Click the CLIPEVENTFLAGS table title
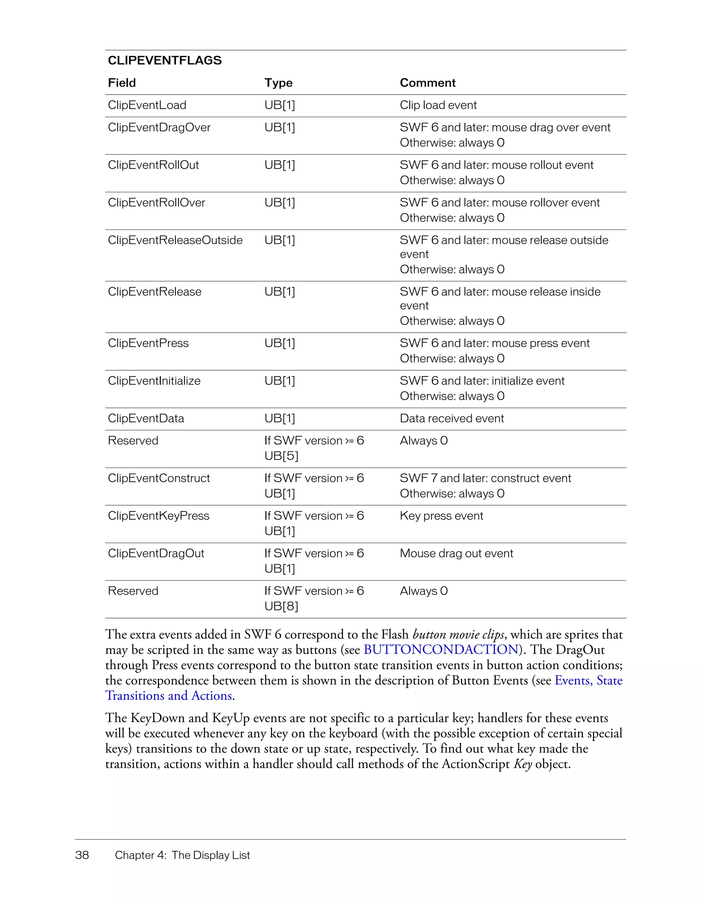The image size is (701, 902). coord(165,60)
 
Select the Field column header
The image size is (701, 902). coord(122,83)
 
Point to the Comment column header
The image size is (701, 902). coord(428,83)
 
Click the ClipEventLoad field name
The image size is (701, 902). coord(147,105)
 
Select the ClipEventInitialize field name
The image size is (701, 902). coord(154,381)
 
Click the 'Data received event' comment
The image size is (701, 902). coord(452,418)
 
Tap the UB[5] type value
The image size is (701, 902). coord(281,456)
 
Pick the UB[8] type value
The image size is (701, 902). coord(281,606)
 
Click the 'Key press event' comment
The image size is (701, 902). coord(442,516)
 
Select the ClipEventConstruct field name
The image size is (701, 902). coord(158,478)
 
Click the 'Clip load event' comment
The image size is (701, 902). coord(438,105)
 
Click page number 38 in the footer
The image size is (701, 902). coord(82,855)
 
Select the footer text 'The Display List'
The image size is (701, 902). coord(211,855)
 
